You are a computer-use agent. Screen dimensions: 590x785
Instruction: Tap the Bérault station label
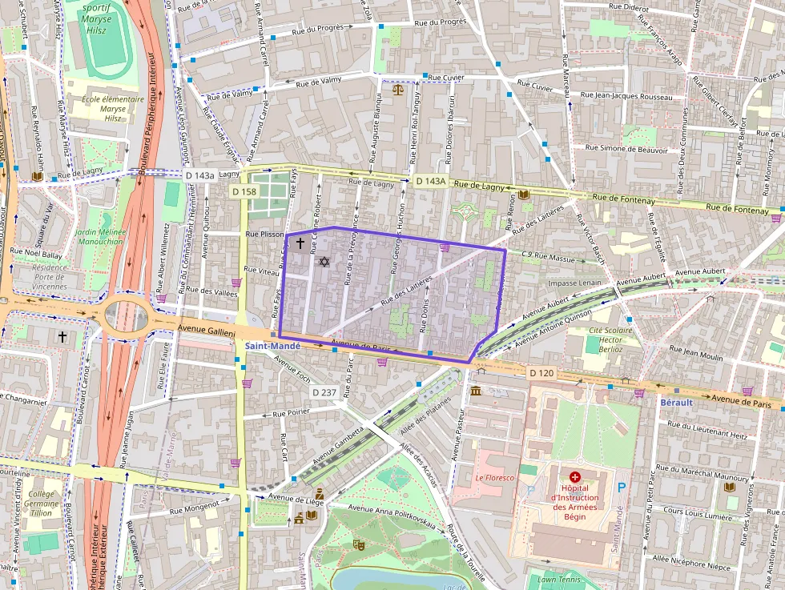click(675, 402)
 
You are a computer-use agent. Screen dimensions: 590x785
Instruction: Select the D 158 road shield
click(244, 191)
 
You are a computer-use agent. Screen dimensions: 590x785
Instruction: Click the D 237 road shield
click(324, 391)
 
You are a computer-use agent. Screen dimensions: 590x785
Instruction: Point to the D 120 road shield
click(541, 373)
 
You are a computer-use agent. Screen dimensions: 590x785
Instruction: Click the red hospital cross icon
click(574, 476)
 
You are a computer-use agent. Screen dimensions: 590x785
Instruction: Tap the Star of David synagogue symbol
click(324, 262)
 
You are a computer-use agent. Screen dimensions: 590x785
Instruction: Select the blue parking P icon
click(622, 487)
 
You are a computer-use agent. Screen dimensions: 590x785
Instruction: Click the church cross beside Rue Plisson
click(300, 243)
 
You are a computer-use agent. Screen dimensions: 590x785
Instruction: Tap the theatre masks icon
click(359, 544)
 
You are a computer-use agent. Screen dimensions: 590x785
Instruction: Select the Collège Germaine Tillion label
click(42, 504)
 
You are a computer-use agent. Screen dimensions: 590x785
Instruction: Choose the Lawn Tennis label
click(558, 579)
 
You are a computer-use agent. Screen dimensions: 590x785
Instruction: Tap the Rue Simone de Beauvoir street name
click(626, 148)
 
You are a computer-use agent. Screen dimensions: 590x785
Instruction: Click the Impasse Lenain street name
click(574, 283)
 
